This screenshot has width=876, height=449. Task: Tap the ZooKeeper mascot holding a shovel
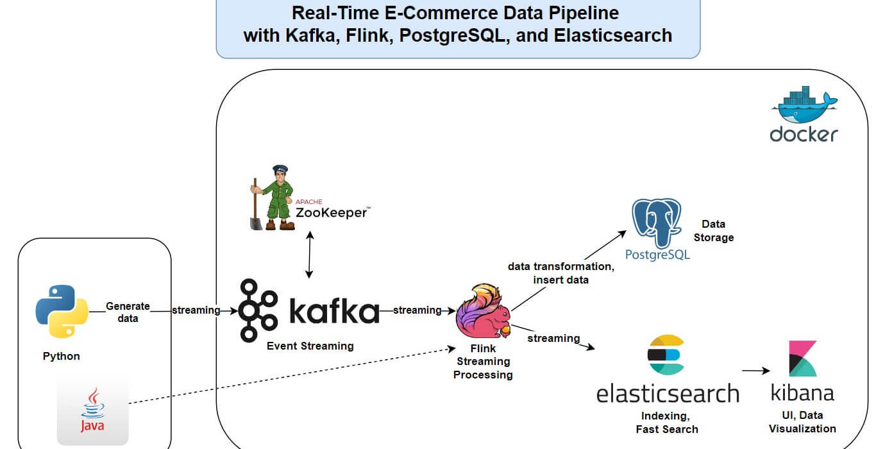tap(273, 198)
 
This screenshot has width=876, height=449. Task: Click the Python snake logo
tap(62, 311)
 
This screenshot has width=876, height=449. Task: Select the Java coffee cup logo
tap(93, 409)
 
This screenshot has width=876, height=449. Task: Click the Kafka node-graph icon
tap(258, 310)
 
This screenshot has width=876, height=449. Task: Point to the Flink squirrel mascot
tap(484, 311)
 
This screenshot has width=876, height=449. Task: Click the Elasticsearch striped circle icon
tap(666, 355)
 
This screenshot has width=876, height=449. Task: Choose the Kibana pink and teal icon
tap(802, 359)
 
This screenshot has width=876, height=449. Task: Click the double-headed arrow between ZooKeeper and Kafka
tap(309, 255)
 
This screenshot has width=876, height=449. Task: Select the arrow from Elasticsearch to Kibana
tap(756, 370)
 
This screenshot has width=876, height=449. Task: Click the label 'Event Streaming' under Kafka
tap(310, 346)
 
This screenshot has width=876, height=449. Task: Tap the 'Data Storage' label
tap(714, 231)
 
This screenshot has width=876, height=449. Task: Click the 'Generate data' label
tap(128, 312)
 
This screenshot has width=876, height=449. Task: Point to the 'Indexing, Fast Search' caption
tap(667, 423)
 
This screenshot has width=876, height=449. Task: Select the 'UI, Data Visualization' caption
tap(802, 421)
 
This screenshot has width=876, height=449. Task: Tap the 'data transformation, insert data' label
tap(560, 273)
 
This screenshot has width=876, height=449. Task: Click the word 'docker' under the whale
tap(804, 134)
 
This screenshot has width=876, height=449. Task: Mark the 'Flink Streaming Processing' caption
tap(483, 361)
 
